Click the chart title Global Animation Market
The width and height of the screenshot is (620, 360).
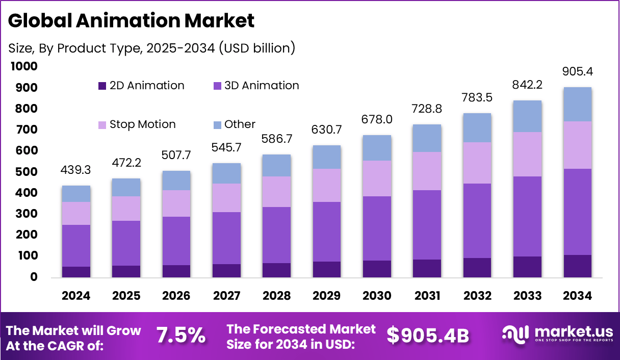point(131,21)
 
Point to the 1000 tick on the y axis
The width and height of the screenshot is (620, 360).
point(23,67)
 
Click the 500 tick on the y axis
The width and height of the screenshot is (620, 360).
point(26,172)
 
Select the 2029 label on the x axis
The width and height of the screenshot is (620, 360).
point(327,296)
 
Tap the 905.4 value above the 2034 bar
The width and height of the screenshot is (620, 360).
point(578,71)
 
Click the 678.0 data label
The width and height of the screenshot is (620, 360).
point(377,119)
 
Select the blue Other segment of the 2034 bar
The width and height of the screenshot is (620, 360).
point(577,104)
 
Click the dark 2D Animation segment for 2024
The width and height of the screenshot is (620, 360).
point(76,272)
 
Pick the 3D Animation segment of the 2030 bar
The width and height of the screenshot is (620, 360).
point(377,228)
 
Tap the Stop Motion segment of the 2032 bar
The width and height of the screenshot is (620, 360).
point(477,163)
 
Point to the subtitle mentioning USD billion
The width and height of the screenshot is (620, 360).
point(152,48)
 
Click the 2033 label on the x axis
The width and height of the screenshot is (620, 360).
point(528,296)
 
